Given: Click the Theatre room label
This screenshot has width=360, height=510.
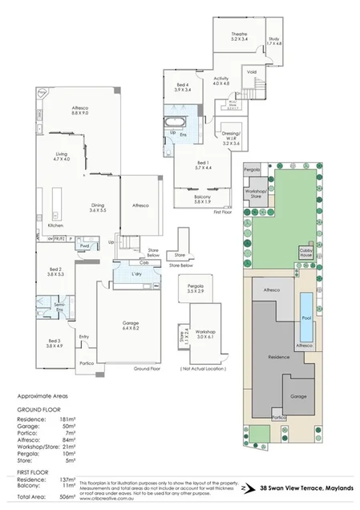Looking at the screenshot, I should tap(228, 34).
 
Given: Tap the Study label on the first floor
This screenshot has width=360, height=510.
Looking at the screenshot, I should tap(273, 38).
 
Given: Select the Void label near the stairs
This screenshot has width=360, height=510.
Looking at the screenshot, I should tap(252, 71).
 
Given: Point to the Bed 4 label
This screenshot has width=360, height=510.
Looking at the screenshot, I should tap(182, 87).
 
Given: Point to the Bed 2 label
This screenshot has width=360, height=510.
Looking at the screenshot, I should tap(55, 271).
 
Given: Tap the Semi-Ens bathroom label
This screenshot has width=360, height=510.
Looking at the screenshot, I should tap(59, 307).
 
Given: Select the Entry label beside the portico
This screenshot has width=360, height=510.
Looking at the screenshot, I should tap(84, 337).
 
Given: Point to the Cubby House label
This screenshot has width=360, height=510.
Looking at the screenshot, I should tap(306, 253).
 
